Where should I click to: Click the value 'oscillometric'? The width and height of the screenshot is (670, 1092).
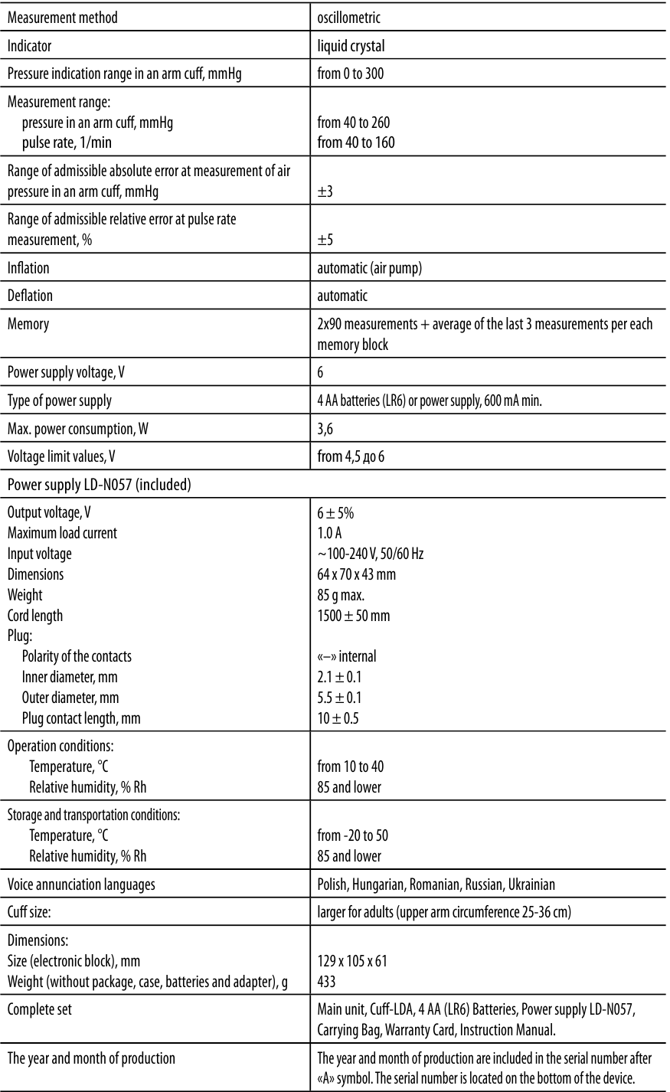point(348,17)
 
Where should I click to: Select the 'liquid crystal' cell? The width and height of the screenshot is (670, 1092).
point(351,46)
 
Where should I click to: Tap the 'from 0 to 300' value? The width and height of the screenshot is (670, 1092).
point(355,74)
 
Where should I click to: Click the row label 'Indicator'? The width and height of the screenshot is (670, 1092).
point(30,46)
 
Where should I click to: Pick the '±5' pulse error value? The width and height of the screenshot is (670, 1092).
point(325,240)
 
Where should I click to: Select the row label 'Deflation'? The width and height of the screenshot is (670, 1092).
point(30,296)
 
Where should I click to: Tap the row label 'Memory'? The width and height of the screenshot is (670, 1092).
point(28,324)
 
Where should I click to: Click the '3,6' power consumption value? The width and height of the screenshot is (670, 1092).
point(325,429)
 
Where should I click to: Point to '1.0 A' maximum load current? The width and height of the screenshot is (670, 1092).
point(330,533)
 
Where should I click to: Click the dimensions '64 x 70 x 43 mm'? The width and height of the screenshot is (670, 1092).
point(356,574)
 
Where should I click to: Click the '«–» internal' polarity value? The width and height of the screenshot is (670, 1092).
point(346,656)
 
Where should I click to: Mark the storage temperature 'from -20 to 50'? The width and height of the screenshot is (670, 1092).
point(358,835)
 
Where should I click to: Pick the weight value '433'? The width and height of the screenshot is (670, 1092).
point(327,981)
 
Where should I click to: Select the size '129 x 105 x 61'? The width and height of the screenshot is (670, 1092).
point(352,961)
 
